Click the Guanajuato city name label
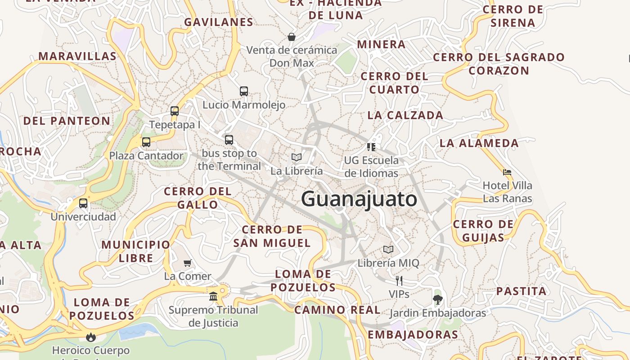359,199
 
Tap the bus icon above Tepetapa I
175,111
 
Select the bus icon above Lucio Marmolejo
244,91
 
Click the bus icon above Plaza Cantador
146,142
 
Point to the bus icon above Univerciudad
83,203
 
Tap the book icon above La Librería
296,157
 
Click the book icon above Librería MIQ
388,249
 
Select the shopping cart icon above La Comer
188,263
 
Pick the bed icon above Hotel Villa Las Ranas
507,172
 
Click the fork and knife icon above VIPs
399,281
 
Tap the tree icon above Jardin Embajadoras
437,299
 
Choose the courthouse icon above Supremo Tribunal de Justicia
213,296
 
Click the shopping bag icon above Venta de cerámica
292,36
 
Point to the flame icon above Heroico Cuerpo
91,337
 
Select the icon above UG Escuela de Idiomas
371,147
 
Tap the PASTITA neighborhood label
521,291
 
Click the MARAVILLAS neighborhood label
77,56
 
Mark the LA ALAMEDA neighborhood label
479,143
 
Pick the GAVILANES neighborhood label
219,22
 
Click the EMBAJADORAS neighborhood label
413,334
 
